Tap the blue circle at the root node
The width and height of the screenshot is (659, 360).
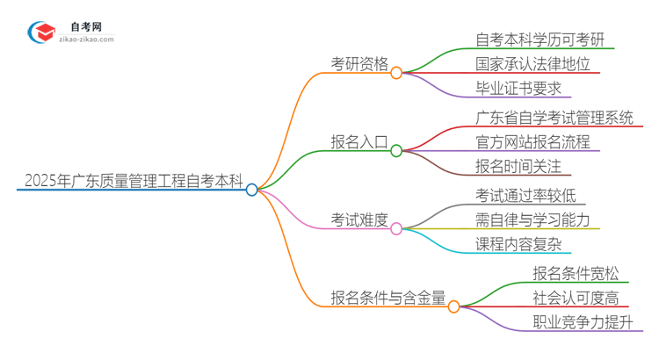point(252,190)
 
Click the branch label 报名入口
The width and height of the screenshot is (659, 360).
point(359,143)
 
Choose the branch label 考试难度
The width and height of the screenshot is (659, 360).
point(359,220)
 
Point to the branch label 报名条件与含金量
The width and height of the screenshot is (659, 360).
point(387,296)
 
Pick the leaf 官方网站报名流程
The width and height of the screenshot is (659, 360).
point(532,141)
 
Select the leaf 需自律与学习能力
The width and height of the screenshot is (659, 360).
point(532,220)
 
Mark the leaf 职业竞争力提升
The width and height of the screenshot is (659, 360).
point(582,321)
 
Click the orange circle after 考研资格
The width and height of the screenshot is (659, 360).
point(396,73)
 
